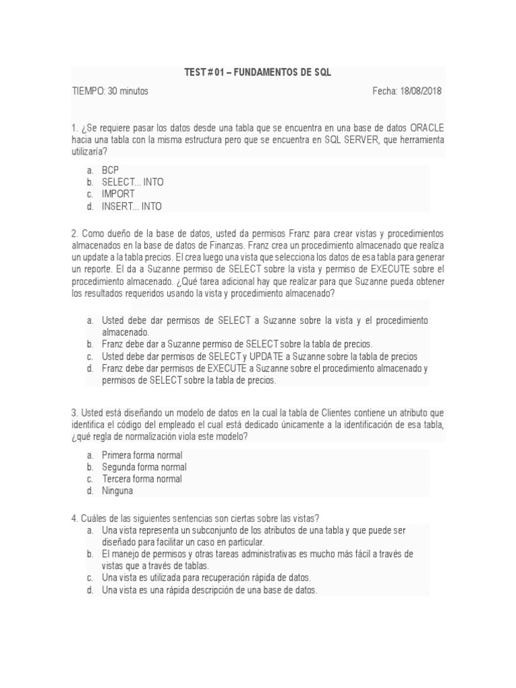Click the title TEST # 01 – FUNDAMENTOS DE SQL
point(258,73)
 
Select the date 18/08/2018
point(422,91)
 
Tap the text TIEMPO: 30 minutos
point(110,91)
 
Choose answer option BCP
point(110,170)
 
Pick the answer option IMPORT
point(118,194)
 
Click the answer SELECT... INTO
point(132,182)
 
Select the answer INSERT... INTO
point(132,206)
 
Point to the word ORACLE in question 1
point(427,128)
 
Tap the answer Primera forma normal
point(142,455)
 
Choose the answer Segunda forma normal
point(144,467)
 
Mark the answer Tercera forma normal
point(142,479)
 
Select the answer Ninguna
point(118,491)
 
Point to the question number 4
point(73,518)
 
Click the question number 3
point(73,413)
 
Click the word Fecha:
point(385,91)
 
